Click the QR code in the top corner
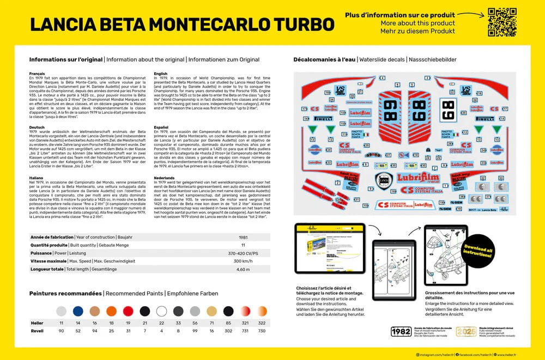pyautogui.click(x=501, y=21)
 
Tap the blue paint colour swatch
pyautogui.click(x=78, y=311)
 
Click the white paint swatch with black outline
pyautogui.click(x=161, y=311)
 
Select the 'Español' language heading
pyautogui.click(x=162, y=127)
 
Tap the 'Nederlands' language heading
pyautogui.click(x=166, y=177)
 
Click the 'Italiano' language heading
pyautogui.click(x=37, y=177)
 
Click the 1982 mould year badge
pyautogui.click(x=402, y=332)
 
